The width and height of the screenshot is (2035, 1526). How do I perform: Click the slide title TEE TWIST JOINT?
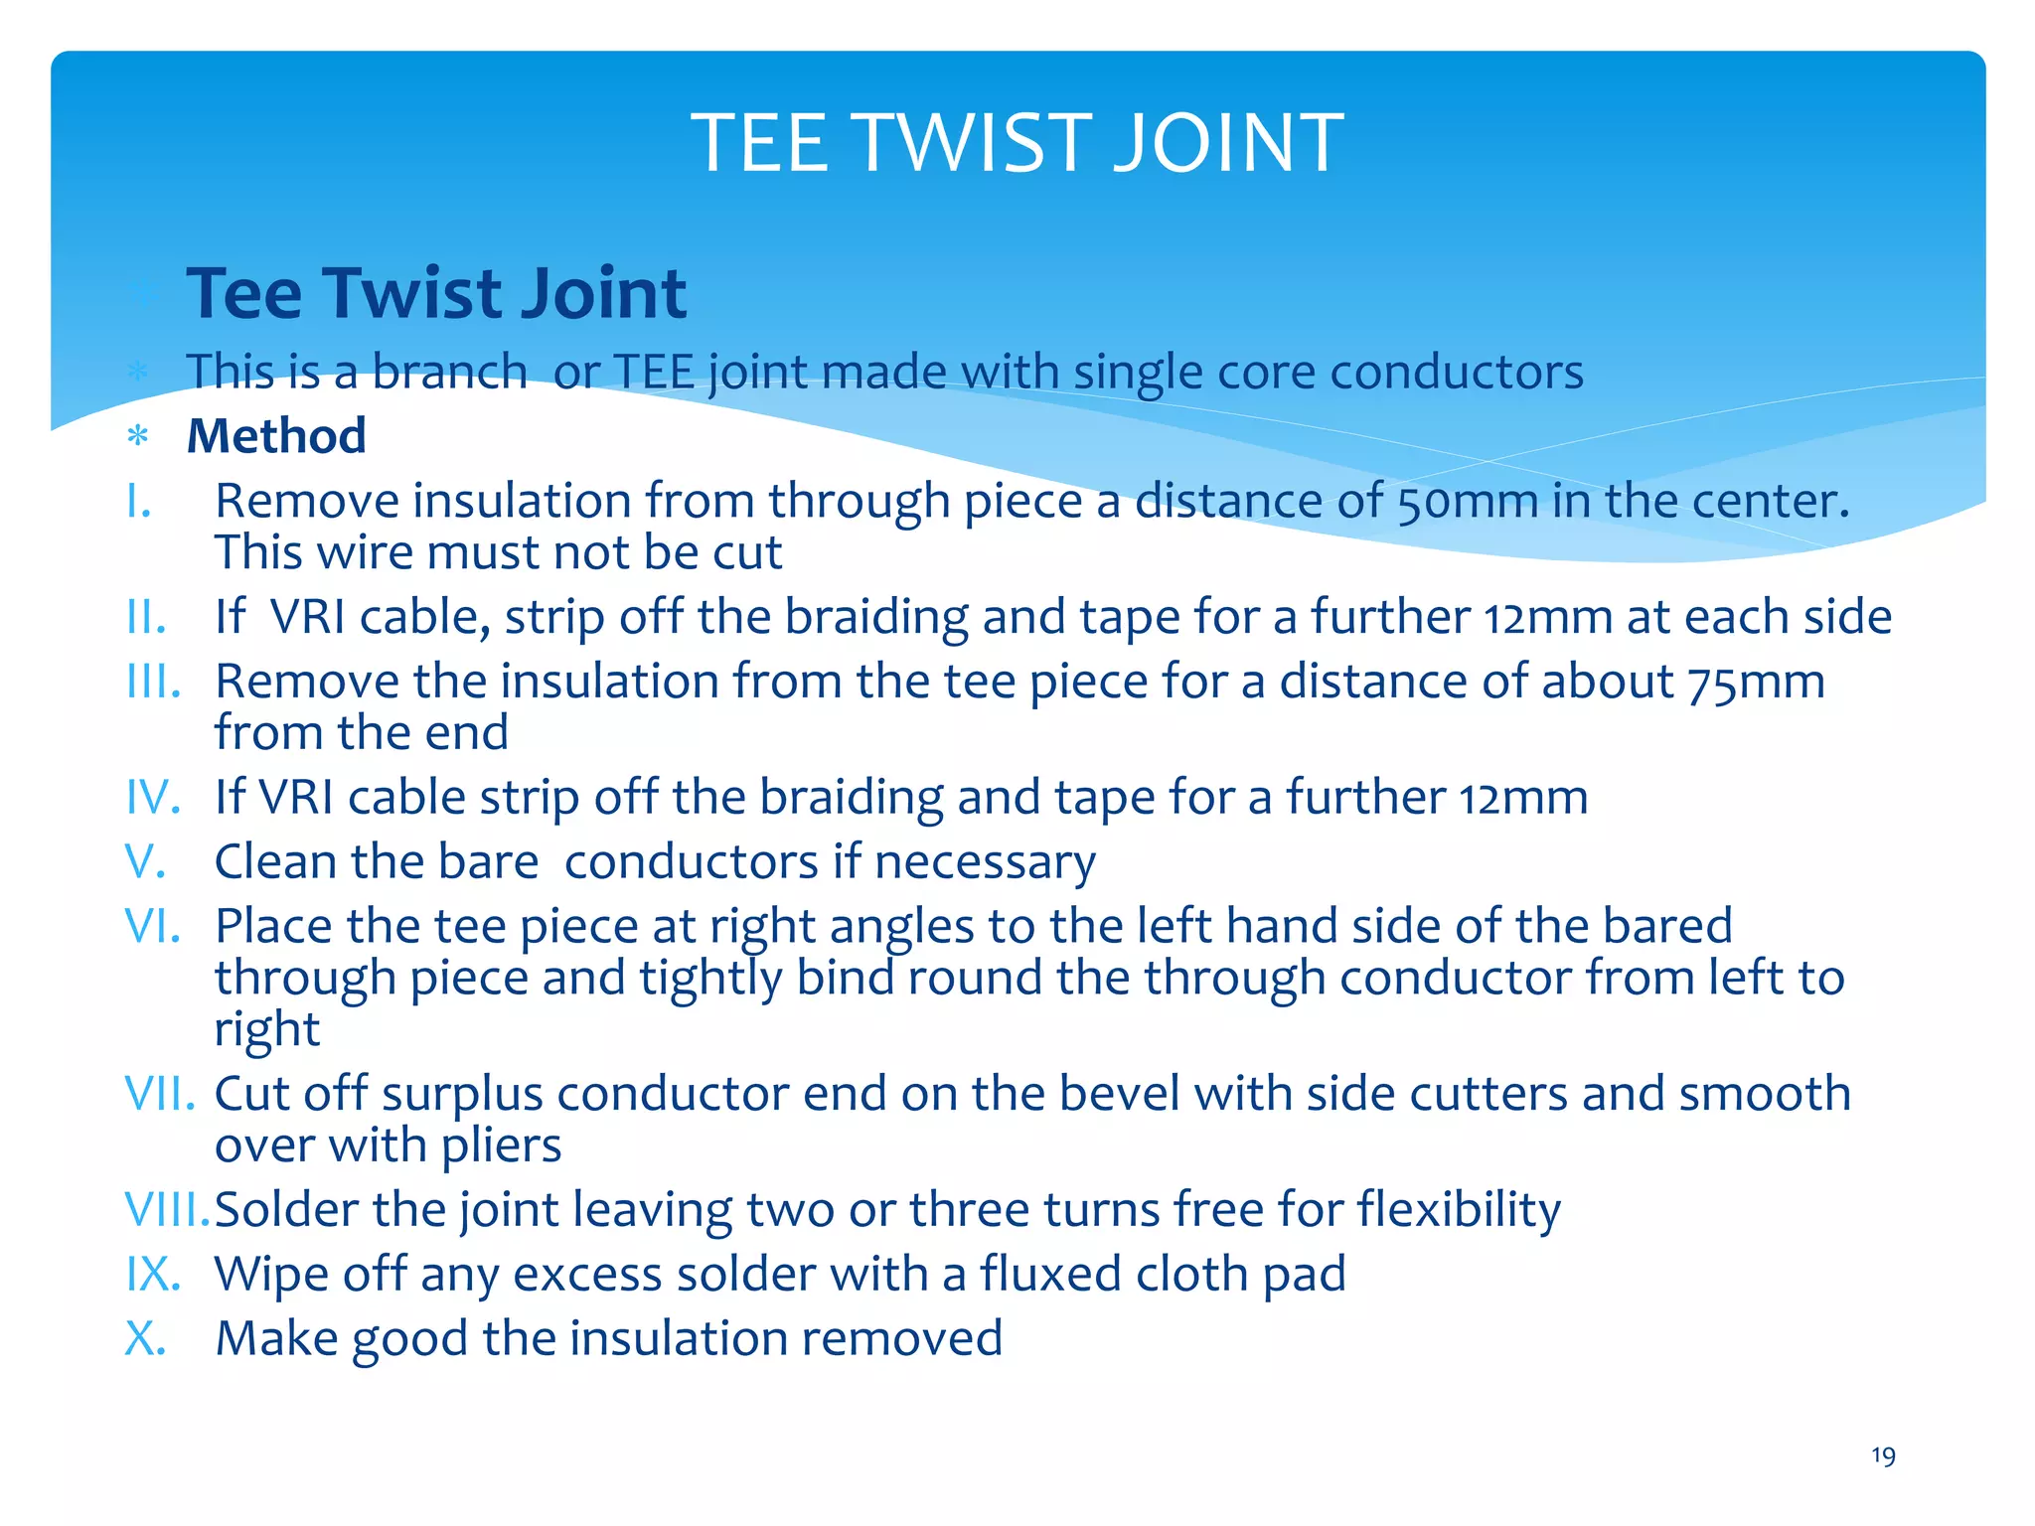1017,143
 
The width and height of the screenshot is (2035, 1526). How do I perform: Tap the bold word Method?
276,436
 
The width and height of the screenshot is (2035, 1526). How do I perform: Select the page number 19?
1883,1456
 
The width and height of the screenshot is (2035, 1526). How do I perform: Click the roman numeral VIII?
167,1210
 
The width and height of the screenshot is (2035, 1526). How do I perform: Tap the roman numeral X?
144,1338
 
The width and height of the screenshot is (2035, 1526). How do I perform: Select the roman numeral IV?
152,798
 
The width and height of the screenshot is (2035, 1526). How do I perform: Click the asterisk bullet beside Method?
138,436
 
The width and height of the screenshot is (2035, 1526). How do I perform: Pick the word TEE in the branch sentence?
654,373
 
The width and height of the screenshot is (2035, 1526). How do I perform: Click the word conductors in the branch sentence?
1456,373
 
